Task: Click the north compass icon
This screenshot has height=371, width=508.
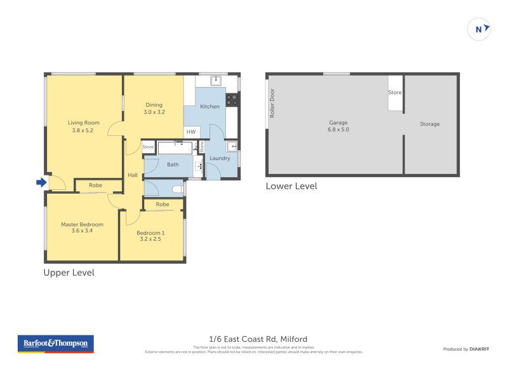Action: pos(479,29)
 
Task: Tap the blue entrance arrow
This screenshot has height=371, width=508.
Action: pos(41,183)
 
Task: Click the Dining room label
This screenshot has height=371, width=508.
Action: pos(154,109)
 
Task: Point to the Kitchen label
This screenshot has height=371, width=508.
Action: pos(210,106)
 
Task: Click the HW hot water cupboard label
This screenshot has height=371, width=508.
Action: pos(190,132)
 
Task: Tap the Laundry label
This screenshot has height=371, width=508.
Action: pos(220,158)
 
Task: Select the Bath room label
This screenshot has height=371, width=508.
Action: pos(173,165)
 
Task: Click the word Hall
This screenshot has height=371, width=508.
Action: pos(133,175)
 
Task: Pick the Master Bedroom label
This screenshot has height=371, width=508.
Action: pos(82,227)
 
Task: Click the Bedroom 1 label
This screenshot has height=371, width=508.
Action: pos(150,236)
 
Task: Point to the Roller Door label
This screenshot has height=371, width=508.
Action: pos(272,103)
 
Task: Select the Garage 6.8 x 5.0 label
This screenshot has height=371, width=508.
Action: pos(338,126)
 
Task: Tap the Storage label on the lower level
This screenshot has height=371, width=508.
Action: pos(429,124)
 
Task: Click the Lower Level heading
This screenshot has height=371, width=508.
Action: pos(291,186)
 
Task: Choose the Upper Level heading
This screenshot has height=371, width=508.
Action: pos(69,273)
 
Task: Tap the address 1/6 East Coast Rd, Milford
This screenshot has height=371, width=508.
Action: pos(258,339)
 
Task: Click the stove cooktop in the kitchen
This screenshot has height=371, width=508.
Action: pos(232,100)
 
